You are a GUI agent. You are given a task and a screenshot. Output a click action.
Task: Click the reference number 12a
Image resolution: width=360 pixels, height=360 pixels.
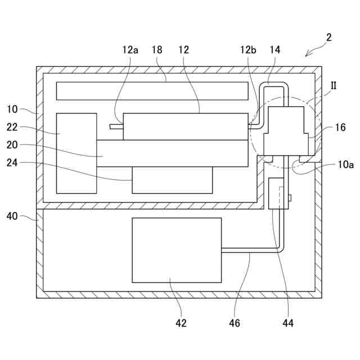130,49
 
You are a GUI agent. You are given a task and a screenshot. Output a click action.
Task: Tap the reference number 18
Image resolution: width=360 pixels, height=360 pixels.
157,49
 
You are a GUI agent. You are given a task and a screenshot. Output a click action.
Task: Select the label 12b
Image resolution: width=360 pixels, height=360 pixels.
248,49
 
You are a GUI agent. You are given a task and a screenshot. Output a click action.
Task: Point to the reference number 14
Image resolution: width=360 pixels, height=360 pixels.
274,49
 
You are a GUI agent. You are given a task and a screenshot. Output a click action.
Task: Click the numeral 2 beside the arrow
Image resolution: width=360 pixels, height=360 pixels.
328,38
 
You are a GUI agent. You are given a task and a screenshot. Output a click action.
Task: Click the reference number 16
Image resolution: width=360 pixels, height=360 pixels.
340,128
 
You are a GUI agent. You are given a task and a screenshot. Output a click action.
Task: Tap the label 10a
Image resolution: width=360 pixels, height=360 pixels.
346,165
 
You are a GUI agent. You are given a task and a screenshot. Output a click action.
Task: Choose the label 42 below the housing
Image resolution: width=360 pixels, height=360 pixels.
181,323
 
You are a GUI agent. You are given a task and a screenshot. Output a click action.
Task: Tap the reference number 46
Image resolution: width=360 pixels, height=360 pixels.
235,323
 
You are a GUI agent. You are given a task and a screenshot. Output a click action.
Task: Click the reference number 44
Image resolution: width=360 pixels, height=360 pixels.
287,323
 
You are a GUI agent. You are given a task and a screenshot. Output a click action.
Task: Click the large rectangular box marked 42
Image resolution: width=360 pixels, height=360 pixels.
177,250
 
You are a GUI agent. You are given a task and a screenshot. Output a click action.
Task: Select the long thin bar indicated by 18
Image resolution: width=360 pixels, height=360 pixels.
152,91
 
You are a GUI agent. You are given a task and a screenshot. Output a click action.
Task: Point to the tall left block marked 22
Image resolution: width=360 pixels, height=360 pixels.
76,153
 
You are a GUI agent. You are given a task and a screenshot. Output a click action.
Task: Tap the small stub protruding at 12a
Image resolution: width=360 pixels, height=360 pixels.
116,127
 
